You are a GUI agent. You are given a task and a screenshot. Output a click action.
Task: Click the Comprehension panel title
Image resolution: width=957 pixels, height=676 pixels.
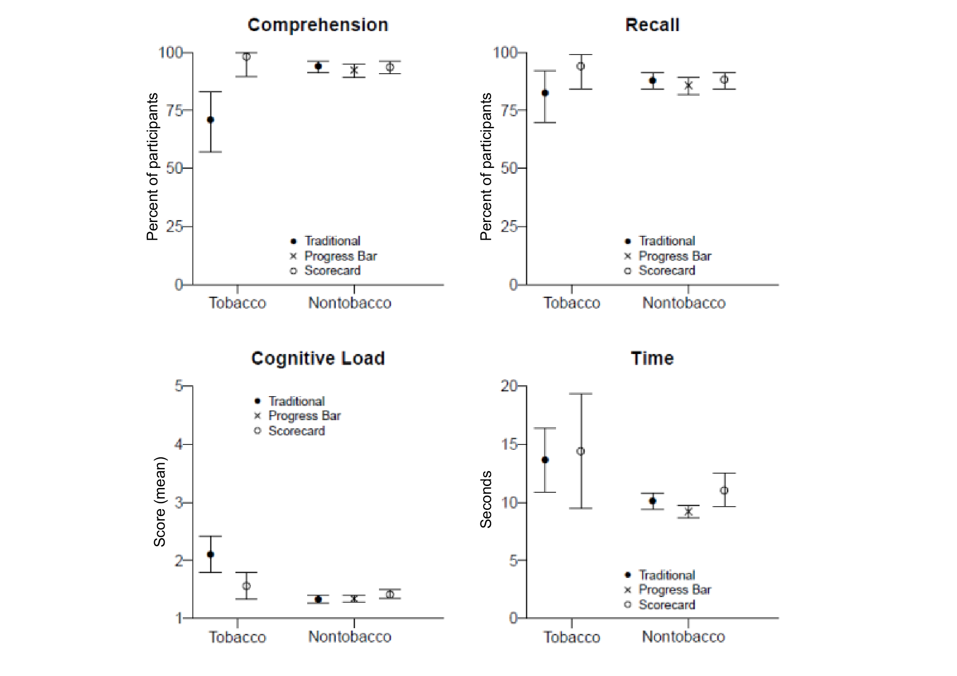318,25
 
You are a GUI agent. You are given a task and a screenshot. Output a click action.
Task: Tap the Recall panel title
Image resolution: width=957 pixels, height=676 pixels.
652,25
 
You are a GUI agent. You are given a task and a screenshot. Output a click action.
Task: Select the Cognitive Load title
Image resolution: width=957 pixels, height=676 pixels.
318,358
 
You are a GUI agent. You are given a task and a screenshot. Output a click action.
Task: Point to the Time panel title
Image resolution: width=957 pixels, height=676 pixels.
652,358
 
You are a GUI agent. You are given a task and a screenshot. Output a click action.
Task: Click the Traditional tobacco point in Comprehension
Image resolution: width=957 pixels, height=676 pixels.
211,120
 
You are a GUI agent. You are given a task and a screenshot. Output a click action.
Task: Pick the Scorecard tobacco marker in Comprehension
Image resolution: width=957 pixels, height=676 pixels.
246,56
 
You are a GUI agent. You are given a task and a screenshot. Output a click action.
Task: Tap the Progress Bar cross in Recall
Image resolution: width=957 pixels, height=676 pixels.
689,86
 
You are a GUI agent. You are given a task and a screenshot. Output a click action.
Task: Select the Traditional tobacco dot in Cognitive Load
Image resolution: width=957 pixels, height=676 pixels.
211,554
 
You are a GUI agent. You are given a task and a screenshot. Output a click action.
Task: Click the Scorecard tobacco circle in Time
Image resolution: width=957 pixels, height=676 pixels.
580,451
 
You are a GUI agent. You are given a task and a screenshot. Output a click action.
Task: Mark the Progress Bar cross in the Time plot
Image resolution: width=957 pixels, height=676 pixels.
689,511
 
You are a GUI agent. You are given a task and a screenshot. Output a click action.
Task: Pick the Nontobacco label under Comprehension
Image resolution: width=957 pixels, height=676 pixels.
350,303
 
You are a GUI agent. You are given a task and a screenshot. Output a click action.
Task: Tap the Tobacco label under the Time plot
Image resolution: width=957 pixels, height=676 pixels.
572,637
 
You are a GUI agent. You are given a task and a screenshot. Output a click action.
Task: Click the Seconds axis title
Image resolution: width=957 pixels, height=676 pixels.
486,499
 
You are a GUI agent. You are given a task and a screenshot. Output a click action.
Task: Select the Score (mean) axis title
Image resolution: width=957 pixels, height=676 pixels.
160,502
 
